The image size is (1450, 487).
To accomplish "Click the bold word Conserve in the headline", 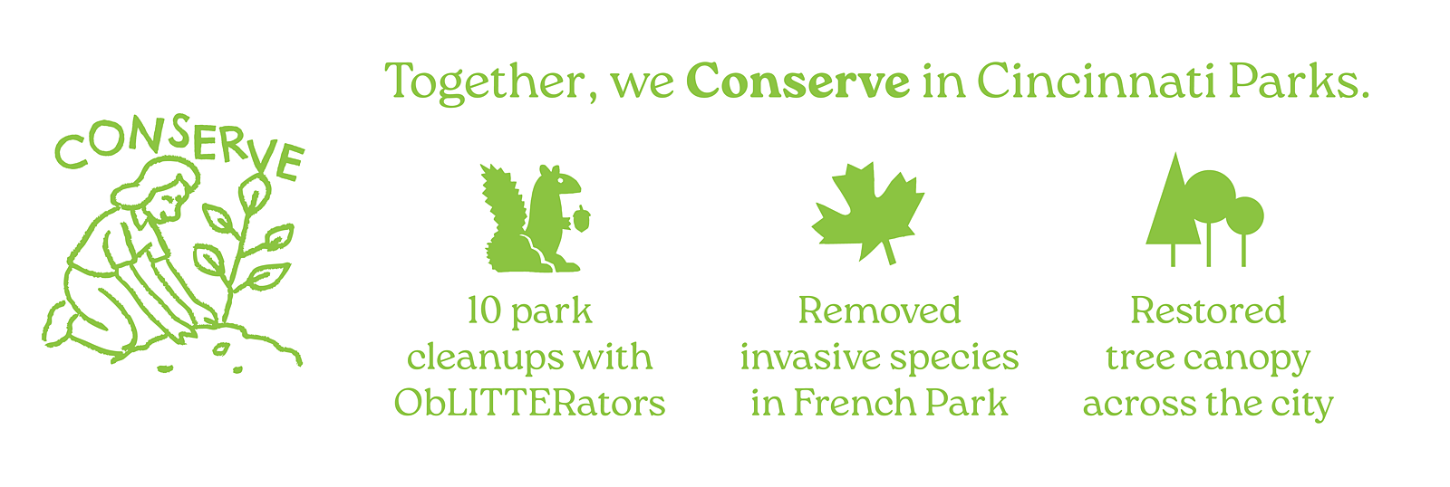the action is [x=797, y=81].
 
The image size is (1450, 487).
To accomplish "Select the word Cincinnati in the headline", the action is [x=1096, y=81].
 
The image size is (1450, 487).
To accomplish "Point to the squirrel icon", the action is [x=534, y=218].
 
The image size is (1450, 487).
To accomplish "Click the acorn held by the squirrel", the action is [x=581, y=218].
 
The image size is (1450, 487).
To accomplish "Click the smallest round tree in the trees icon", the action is [x=1244, y=216].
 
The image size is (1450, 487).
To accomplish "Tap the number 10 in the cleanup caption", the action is [x=485, y=311].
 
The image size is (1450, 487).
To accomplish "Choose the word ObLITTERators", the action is [x=529, y=403].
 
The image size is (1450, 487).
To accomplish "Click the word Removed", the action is [x=879, y=310].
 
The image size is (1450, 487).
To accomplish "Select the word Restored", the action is [x=1208, y=310].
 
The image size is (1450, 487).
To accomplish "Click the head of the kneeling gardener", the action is [x=162, y=191].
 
